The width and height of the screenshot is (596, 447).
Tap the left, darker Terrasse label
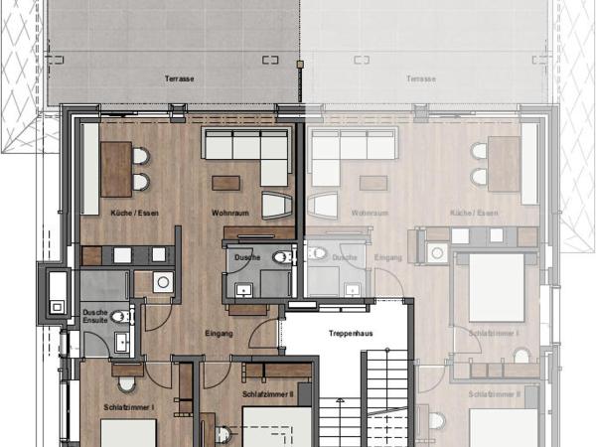[x=179, y=77]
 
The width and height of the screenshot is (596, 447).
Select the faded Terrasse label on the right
[x=420, y=77]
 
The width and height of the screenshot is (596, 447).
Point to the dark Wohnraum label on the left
[x=229, y=213]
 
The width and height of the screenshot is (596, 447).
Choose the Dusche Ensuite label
[x=95, y=317]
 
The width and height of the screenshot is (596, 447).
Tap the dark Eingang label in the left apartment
[x=219, y=333]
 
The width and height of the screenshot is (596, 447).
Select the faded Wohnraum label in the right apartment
[x=369, y=213]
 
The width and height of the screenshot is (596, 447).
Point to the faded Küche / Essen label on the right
[x=474, y=213]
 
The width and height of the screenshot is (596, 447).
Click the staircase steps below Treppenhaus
[x=385, y=397]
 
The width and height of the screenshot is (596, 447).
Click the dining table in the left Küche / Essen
[x=115, y=167]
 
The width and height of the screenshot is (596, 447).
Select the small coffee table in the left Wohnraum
[x=225, y=182]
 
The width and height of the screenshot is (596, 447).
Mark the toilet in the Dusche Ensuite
[x=120, y=317]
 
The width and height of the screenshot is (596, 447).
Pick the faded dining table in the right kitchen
[x=504, y=164]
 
